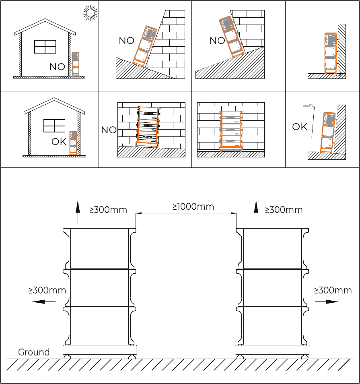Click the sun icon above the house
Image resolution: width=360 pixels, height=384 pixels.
[x=90, y=13]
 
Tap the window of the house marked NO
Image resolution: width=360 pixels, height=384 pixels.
[x=45, y=47]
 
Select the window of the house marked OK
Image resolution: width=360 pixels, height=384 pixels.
[x=54, y=126]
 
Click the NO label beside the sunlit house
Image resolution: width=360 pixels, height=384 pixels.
[x=58, y=67]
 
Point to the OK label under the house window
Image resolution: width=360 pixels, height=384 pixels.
[x=59, y=142]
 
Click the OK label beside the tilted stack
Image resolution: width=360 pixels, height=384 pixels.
[x=300, y=127]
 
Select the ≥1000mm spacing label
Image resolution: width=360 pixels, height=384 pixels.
[x=193, y=207]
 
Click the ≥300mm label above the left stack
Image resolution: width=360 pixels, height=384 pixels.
[x=108, y=210]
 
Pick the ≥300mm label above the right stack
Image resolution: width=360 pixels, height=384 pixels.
[x=284, y=210]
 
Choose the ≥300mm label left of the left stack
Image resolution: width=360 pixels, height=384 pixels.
[x=47, y=290]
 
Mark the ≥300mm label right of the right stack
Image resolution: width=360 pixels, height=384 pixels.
[x=333, y=290]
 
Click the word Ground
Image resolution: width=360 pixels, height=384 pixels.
[x=34, y=352]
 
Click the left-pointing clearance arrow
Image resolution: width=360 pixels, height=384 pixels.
[x=44, y=301]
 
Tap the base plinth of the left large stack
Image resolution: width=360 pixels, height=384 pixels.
[x=99, y=349]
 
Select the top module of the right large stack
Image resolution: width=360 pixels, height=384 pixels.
[x=273, y=248]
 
